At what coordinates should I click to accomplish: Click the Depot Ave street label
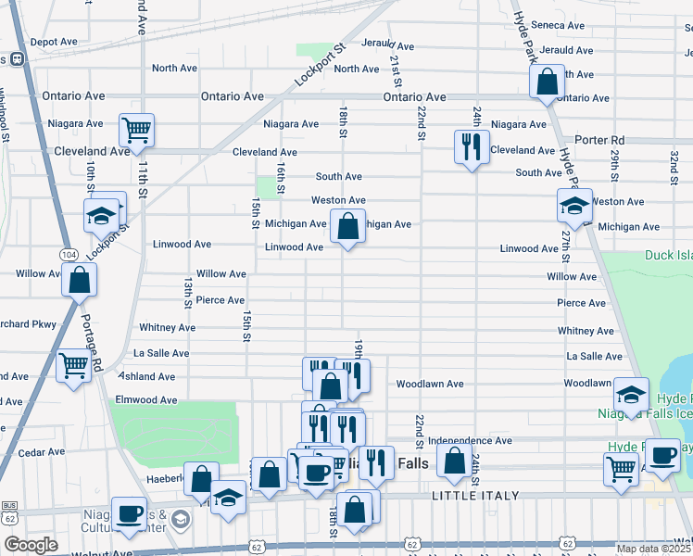[x=54, y=43]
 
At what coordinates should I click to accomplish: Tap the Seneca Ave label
[x=561, y=26]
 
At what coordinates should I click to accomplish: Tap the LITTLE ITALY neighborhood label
[x=467, y=498]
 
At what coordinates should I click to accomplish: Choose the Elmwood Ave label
[x=145, y=400]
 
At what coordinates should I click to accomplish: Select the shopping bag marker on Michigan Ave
[x=347, y=226]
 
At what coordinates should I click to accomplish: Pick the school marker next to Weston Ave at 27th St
[x=574, y=205]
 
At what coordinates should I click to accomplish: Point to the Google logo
[x=31, y=545]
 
